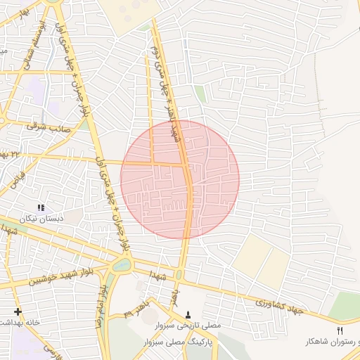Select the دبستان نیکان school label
click(44, 219)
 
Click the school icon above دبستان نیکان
click(41, 208)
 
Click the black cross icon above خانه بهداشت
click(18, 311)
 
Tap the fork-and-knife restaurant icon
click(340, 330)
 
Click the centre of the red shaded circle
click(180, 180)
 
